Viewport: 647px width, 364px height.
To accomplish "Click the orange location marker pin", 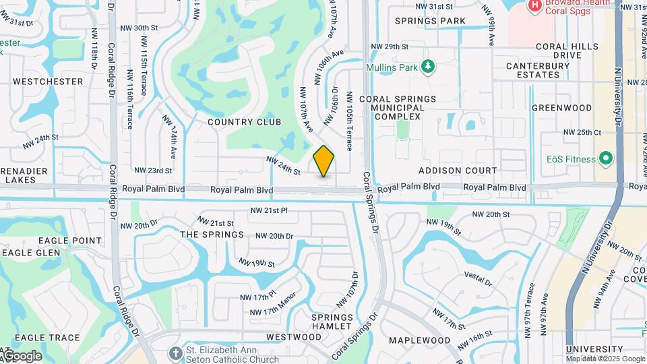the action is tap(324, 161).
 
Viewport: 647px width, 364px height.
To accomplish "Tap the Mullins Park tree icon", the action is tap(427, 67).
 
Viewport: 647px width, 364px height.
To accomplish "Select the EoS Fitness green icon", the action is tap(606, 159).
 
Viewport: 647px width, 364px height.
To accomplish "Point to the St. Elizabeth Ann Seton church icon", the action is tap(176, 353).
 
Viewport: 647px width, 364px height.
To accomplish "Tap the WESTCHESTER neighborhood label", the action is tap(48, 82).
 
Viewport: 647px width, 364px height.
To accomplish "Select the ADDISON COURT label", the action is tap(458, 171).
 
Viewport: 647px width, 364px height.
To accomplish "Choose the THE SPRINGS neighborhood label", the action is tap(212, 235).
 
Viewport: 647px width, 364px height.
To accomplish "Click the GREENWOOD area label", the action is tap(561, 108).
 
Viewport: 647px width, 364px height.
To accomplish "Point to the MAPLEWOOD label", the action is tap(419, 340).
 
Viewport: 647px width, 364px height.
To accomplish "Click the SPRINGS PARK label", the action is tap(430, 22).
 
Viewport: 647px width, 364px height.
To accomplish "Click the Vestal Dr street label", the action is tap(478, 276).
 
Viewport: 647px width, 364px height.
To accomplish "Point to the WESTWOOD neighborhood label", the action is tap(294, 337).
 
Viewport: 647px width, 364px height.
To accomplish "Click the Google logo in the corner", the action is tap(22, 356).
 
